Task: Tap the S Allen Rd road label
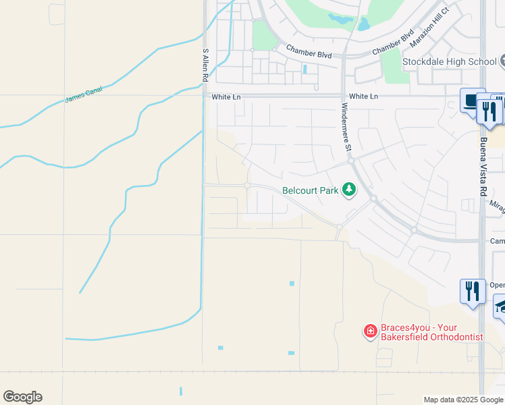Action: [x=205, y=65]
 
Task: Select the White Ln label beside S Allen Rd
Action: [x=226, y=97]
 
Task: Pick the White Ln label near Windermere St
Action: [x=363, y=97]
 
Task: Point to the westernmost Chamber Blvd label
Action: [x=309, y=51]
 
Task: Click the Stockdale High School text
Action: [x=449, y=62]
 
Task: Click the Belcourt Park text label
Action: [x=310, y=190]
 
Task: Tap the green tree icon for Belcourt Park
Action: [x=349, y=190]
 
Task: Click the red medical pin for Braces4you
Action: [x=370, y=331]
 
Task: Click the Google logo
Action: [x=22, y=397]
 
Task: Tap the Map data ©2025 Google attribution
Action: [x=464, y=400]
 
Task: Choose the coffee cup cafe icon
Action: [x=471, y=101]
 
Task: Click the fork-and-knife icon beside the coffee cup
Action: [x=489, y=109]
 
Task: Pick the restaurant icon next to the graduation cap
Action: [x=472, y=291]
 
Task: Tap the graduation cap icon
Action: [x=500, y=306]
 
